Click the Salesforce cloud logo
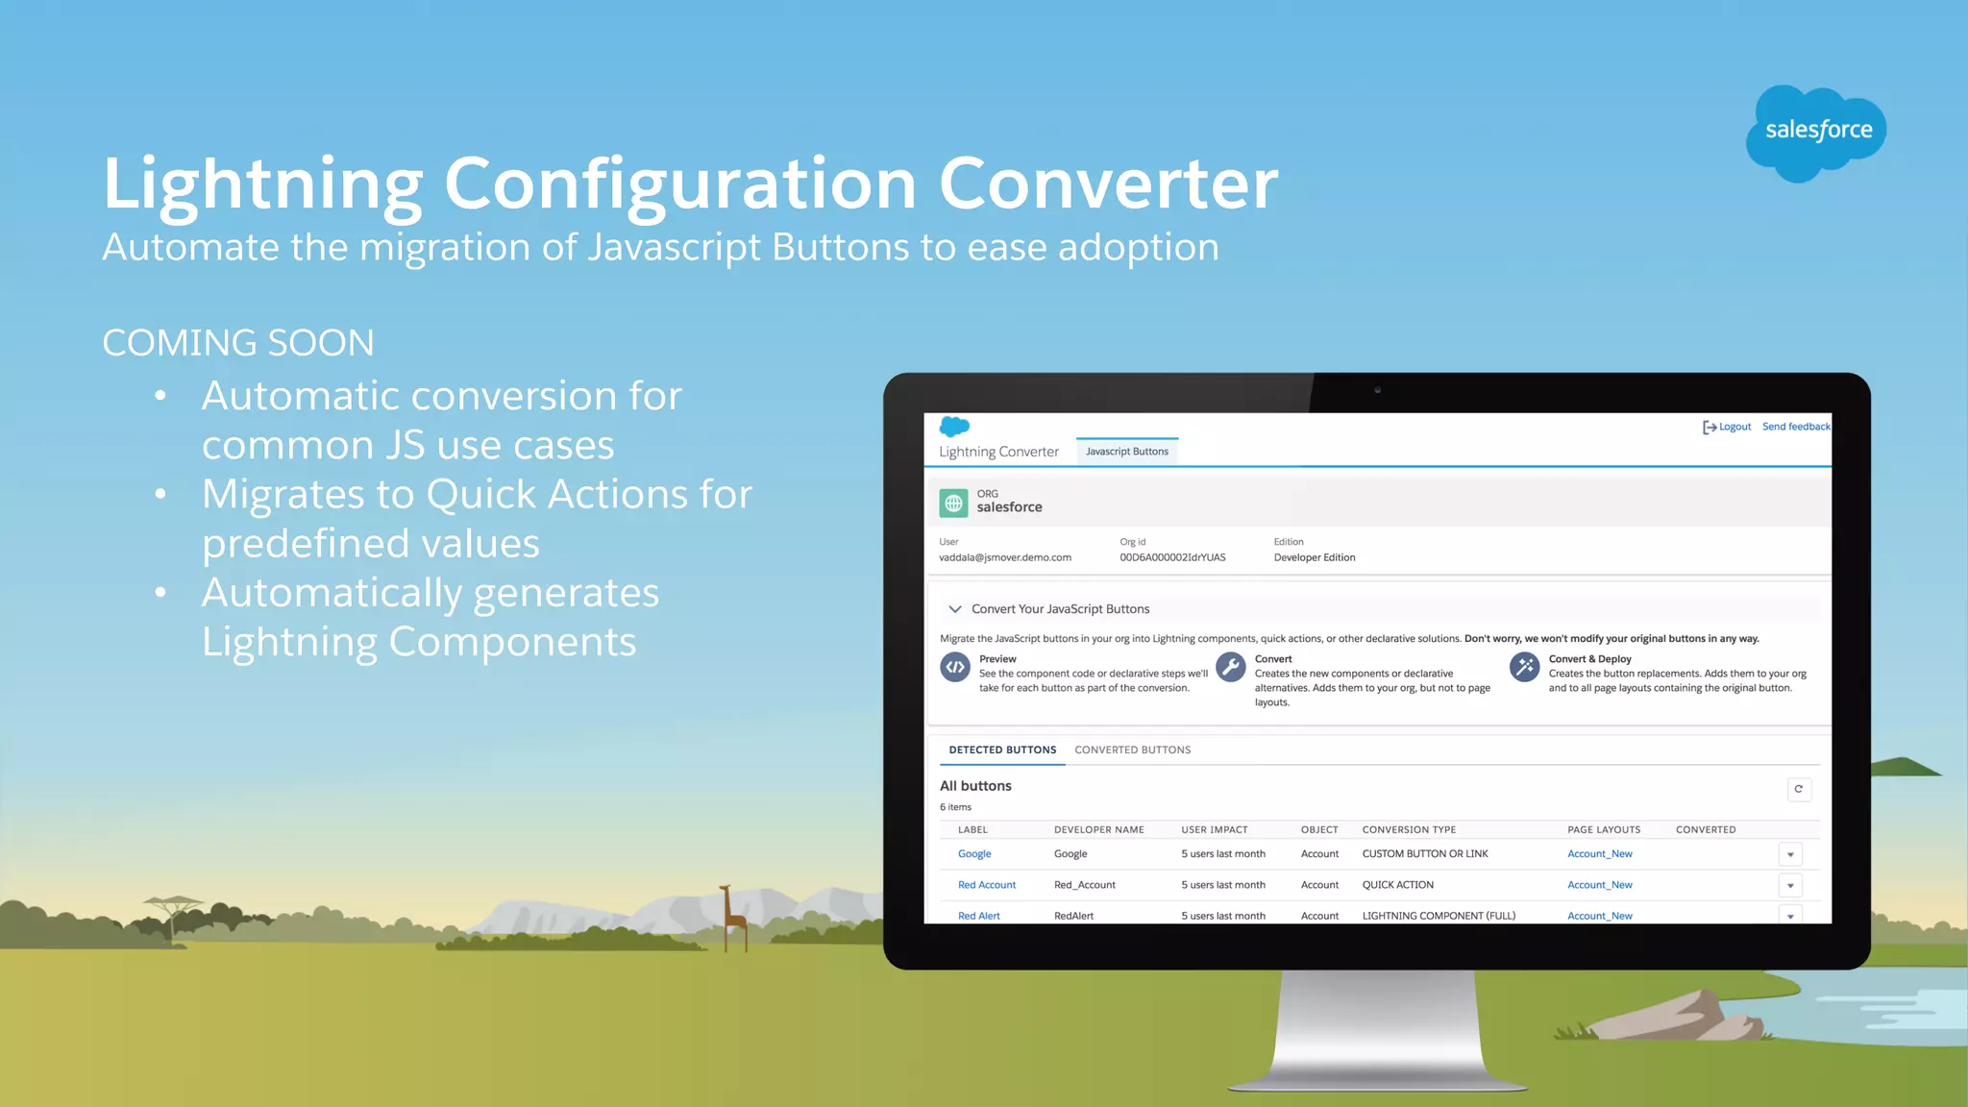coord(1815,132)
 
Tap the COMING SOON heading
coord(238,343)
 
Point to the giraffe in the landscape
coord(734,916)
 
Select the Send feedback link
coord(1795,427)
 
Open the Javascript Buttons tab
coord(1126,452)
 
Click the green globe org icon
coord(953,503)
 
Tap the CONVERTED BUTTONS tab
coord(1132,750)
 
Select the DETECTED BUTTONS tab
coord(1002,750)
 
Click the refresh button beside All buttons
coord(1798,789)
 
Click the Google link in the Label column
coord(974,854)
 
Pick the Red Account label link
coord(986,885)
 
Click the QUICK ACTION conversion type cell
coord(1397,885)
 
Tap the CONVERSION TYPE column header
coord(1409,829)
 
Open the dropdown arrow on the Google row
coord(1790,854)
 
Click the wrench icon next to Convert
coord(1230,667)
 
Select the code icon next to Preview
coord(954,667)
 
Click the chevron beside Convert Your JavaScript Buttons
coord(954,609)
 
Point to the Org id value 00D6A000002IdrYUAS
coord(1172,557)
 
